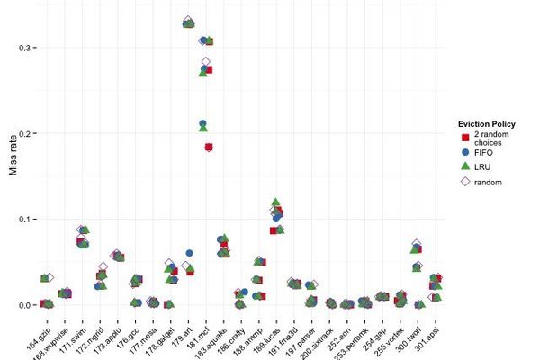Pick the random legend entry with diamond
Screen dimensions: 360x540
486,182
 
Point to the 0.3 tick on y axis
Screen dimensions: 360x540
27,48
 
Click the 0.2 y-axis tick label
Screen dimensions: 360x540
27,133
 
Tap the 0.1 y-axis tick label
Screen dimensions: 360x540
27,220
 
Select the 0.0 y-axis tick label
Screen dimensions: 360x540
27,305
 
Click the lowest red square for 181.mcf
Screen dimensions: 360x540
208,147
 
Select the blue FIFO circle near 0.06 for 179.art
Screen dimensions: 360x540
190,254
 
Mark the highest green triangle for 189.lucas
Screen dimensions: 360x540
275,202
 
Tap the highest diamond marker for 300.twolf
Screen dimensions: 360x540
416,245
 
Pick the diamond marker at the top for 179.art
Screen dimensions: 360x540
187,21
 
